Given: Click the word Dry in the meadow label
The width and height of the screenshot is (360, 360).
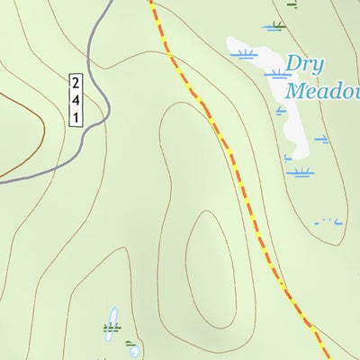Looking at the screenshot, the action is point(305,65).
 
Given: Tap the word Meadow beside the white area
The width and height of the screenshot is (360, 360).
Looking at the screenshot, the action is point(322,91).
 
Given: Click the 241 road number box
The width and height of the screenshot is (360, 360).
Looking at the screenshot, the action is point(76,99).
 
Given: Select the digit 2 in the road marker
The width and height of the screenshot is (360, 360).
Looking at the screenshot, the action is point(76,83).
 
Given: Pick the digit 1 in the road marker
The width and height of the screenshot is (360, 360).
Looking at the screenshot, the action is point(76,117).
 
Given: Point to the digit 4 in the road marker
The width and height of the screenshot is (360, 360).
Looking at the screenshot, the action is point(76,100).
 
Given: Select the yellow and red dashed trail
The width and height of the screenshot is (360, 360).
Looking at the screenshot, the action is point(234,162).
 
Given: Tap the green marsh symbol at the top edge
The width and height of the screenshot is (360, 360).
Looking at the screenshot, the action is point(292,4).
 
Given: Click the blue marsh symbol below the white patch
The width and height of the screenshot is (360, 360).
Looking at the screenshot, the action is point(300,171).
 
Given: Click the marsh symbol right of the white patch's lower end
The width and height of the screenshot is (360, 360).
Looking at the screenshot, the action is point(321,139).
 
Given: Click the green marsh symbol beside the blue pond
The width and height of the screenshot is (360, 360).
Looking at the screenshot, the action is point(111,328).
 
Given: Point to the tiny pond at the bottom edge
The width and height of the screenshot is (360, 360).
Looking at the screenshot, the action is point(133,352).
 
